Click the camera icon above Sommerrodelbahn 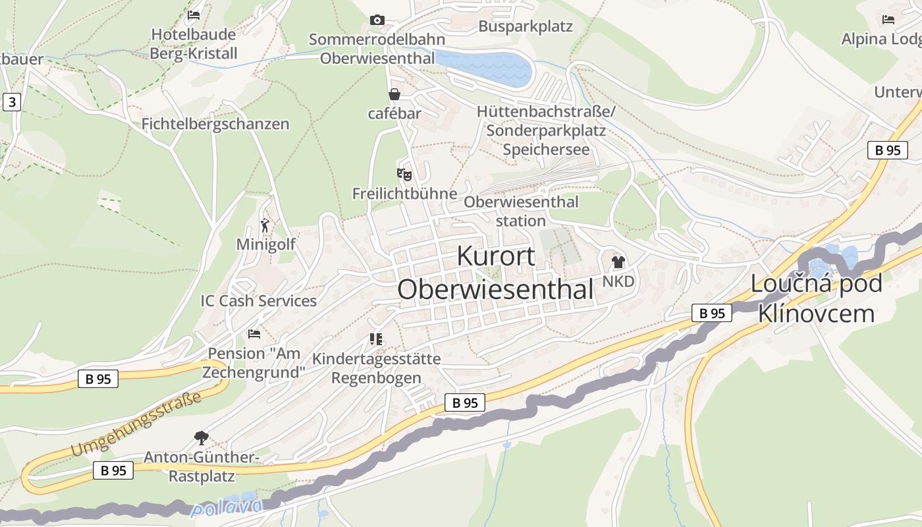tap(377, 20)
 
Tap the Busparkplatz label tap(526, 26)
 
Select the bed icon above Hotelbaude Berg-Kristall tap(194, 14)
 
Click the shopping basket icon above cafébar tap(394, 94)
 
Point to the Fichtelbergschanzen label tap(215, 124)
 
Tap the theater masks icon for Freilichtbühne tap(404, 175)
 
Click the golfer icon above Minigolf tap(265, 225)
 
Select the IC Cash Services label tap(259, 301)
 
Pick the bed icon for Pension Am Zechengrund tap(254, 334)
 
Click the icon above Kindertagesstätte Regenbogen tap(376, 339)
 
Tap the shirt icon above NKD tap(618, 262)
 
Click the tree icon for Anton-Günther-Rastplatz tap(202, 437)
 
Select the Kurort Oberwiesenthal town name tap(496, 273)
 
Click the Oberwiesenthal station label tap(521, 211)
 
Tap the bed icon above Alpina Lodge tap(888, 20)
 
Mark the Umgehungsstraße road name tap(136, 424)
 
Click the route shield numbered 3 tap(11, 102)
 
